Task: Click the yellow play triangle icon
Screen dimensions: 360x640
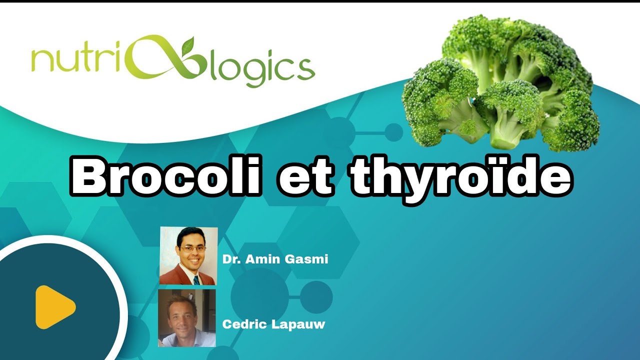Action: [x=54, y=307]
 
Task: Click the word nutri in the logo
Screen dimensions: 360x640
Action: [x=73, y=62]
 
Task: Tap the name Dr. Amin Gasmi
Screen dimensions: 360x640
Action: [x=275, y=259]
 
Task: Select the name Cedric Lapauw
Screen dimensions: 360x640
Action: [x=273, y=324]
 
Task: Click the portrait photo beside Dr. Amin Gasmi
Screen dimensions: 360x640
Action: [x=188, y=256]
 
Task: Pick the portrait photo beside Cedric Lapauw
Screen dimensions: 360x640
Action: [x=187, y=318]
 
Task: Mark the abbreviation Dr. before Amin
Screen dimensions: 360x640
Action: [x=230, y=259]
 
